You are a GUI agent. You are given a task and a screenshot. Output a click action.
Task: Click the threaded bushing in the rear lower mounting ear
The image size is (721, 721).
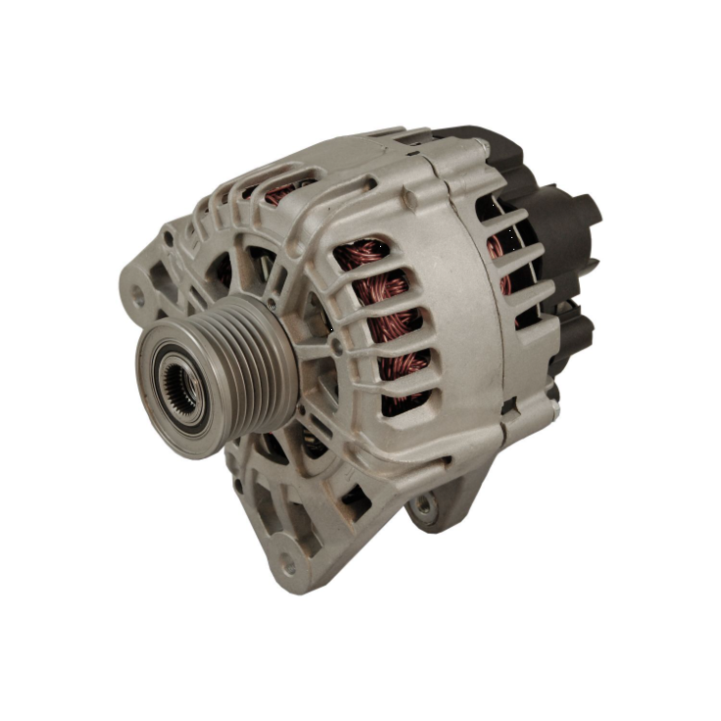423,505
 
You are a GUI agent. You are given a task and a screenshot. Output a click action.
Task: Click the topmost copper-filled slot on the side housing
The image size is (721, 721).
371,257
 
